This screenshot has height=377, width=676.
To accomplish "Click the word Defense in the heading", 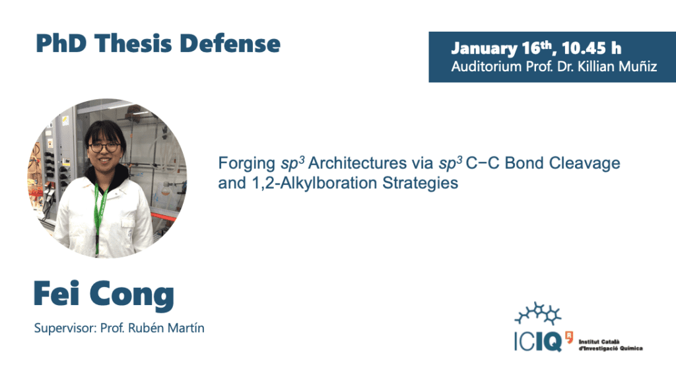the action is tap(230, 44).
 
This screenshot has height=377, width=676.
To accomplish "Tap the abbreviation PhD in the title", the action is tap(61, 44).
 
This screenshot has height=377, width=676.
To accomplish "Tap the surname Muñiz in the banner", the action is tap(638, 67).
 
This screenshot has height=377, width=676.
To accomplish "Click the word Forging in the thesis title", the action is tap(247, 164).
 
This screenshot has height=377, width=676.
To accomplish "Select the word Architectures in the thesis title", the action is tap(357, 163).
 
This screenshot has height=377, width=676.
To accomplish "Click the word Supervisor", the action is tap(65, 328).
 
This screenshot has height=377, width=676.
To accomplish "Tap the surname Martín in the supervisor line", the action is tap(186, 328).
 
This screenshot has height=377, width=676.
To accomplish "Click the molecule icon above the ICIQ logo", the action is tap(537, 313).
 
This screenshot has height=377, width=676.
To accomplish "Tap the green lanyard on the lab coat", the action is tap(100, 216).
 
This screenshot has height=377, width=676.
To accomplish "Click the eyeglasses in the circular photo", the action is tap(104, 147).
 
